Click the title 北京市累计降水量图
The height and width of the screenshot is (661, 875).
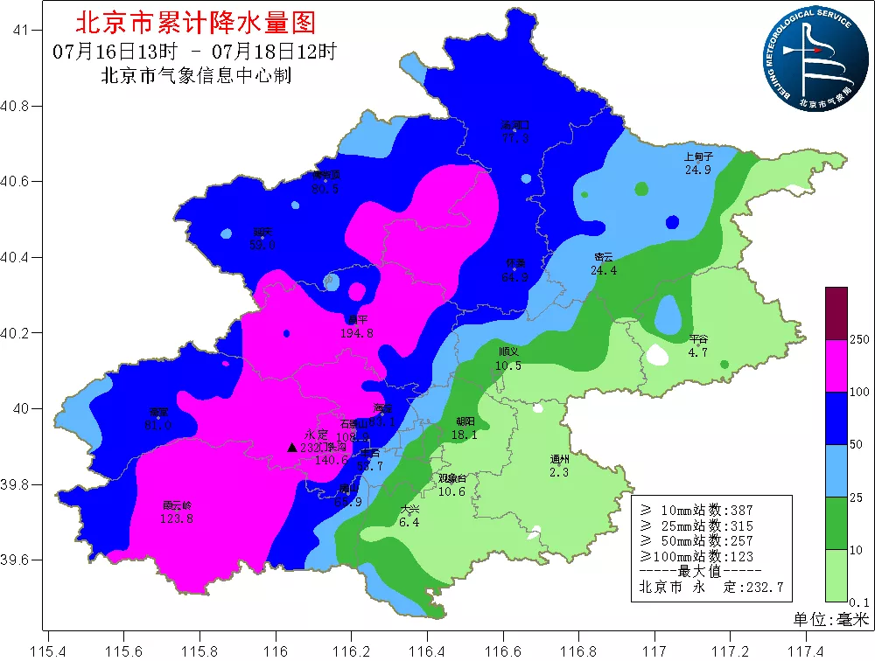pos(196,21)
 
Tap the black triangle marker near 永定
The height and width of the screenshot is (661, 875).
pos(292,447)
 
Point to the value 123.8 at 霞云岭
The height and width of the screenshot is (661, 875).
pos(177,518)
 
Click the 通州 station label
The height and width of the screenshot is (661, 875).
pos(560,460)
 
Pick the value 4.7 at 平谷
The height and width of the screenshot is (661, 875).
pos(697,352)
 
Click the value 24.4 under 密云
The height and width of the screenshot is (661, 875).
pos(604,270)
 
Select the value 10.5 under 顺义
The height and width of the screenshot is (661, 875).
pos(508,365)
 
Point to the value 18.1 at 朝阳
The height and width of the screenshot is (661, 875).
pos(464,434)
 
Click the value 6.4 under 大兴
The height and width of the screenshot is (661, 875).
pos(409,522)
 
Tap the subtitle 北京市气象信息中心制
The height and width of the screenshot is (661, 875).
pos(196,76)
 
